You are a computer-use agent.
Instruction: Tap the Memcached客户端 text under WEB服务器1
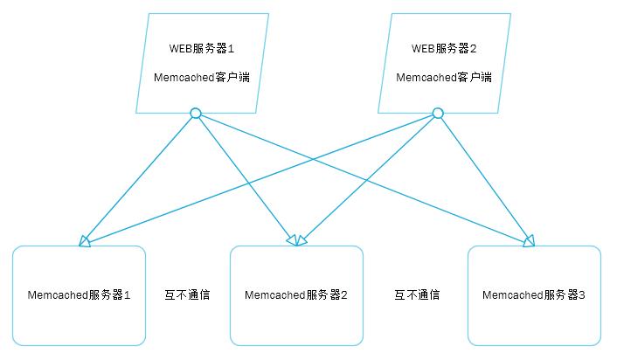201,77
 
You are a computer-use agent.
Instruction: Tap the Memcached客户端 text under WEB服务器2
443,77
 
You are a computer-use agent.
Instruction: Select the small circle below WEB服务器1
196,113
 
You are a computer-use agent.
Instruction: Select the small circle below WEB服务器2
438,113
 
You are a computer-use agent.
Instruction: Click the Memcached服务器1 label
79,295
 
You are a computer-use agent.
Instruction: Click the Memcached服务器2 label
296,295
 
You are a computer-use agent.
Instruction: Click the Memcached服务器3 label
534,295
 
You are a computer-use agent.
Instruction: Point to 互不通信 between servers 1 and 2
187,295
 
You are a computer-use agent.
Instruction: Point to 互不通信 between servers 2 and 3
416,295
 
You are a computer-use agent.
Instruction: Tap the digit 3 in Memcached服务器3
582,295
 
